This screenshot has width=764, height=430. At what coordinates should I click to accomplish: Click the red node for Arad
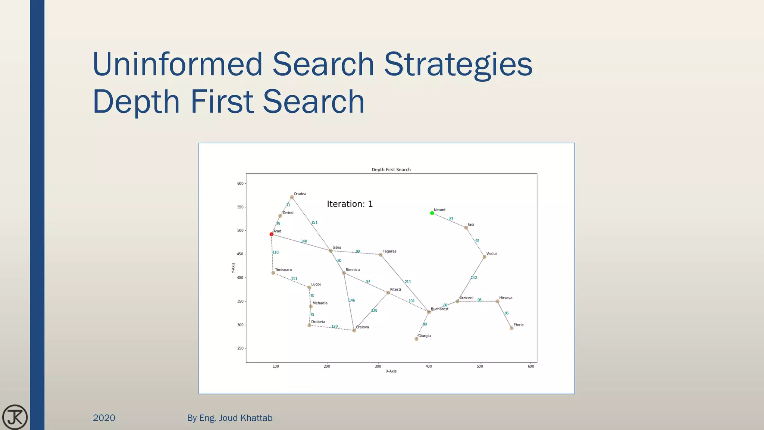(272, 234)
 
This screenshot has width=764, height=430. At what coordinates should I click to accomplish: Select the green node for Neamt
(432, 213)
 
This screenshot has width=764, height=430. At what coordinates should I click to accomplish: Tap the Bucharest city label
(439, 309)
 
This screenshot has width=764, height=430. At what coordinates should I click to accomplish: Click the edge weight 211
(408, 282)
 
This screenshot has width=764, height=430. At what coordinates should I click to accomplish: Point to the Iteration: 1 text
(350, 204)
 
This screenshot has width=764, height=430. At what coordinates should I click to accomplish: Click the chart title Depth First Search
(391, 170)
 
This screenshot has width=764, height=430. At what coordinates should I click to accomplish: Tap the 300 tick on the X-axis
(378, 367)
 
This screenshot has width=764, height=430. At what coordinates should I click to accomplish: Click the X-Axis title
(391, 371)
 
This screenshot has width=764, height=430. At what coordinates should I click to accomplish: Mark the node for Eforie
(511, 328)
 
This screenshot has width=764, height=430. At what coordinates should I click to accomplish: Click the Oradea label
(300, 194)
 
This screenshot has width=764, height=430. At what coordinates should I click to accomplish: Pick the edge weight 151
(314, 222)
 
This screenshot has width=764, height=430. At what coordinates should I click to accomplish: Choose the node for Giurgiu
(416, 339)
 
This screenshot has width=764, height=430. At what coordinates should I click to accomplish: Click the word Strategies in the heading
(458, 64)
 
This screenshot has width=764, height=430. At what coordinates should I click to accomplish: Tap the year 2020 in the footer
(104, 418)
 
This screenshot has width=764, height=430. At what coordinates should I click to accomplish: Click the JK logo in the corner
(15, 417)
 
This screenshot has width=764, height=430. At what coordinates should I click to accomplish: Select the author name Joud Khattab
(245, 418)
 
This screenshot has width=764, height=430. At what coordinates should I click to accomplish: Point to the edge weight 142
(474, 278)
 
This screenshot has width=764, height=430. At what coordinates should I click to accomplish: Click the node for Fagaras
(381, 255)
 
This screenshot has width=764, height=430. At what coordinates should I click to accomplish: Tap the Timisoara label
(283, 270)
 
